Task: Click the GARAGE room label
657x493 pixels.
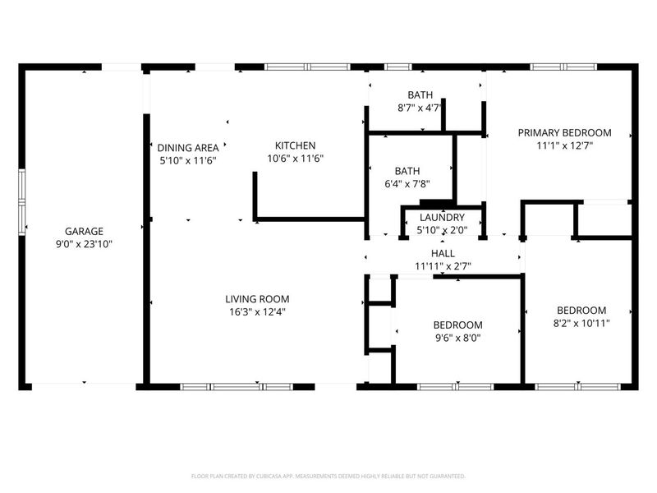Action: pyautogui.click(x=85, y=232)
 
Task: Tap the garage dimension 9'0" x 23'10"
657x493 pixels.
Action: pyautogui.click(x=85, y=244)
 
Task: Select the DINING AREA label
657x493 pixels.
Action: pyautogui.click(x=187, y=148)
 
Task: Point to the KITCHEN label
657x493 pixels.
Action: pyautogui.click(x=295, y=145)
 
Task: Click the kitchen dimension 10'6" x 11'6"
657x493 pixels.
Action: pyautogui.click(x=295, y=159)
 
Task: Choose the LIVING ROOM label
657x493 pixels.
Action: pyautogui.click(x=257, y=299)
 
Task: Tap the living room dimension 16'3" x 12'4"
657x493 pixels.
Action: pyautogui.click(x=257, y=311)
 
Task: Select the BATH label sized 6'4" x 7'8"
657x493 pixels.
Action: pyautogui.click(x=407, y=171)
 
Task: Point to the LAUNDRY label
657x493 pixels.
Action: pyautogui.click(x=442, y=218)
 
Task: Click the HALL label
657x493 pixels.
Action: pyautogui.click(x=443, y=255)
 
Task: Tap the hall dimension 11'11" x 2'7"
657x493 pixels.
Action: pyautogui.click(x=443, y=267)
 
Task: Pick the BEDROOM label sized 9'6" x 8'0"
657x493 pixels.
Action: pyautogui.click(x=457, y=325)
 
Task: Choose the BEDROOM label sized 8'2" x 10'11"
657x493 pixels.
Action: pyautogui.click(x=581, y=310)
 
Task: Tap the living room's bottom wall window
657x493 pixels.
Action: pyautogui.click(x=237, y=386)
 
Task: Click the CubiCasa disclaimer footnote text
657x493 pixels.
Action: pyautogui.click(x=328, y=476)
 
